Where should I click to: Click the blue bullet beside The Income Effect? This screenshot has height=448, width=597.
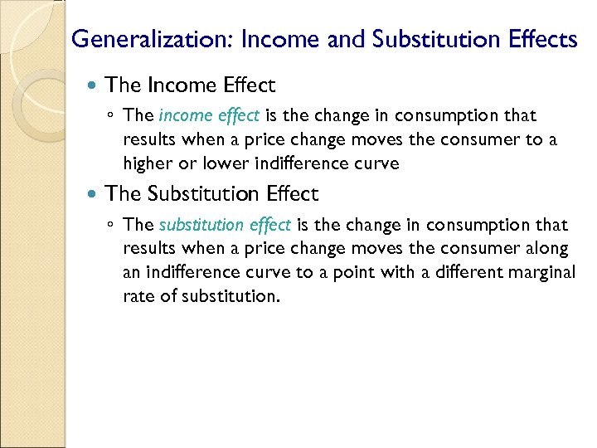(x=93, y=85)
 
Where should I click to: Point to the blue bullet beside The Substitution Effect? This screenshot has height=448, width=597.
(x=93, y=194)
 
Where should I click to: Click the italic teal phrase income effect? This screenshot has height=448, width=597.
(x=209, y=115)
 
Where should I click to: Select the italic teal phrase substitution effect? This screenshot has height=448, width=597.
(x=225, y=225)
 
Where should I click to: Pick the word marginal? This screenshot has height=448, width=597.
(x=539, y=273)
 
